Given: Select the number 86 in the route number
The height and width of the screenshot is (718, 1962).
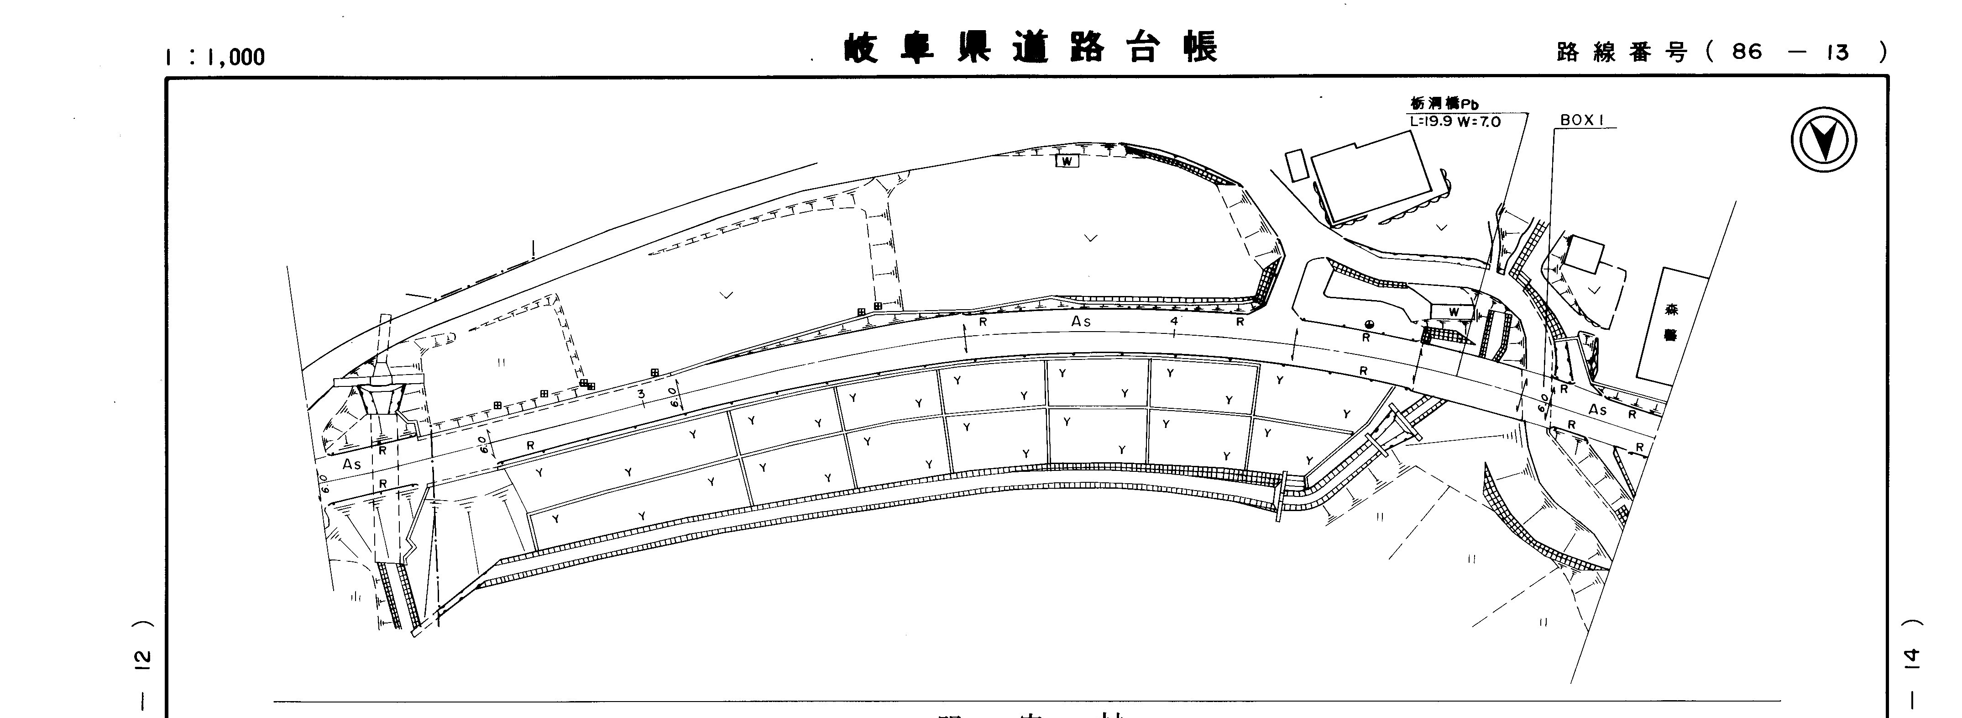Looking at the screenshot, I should (x=1747, y=52).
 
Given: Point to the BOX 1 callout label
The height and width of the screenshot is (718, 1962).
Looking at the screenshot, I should (x=1582, y=121).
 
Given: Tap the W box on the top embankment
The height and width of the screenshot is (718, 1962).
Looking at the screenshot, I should (x=1067, y=161).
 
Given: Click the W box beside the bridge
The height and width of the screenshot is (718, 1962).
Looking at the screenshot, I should (x=1453, y=311).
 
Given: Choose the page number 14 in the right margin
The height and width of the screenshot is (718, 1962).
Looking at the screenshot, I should (x=1912, y=657).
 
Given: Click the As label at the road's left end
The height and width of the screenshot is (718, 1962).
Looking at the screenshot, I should (x=351, y=464).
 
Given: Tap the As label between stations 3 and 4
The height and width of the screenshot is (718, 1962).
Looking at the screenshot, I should (x=1081, y=322).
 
